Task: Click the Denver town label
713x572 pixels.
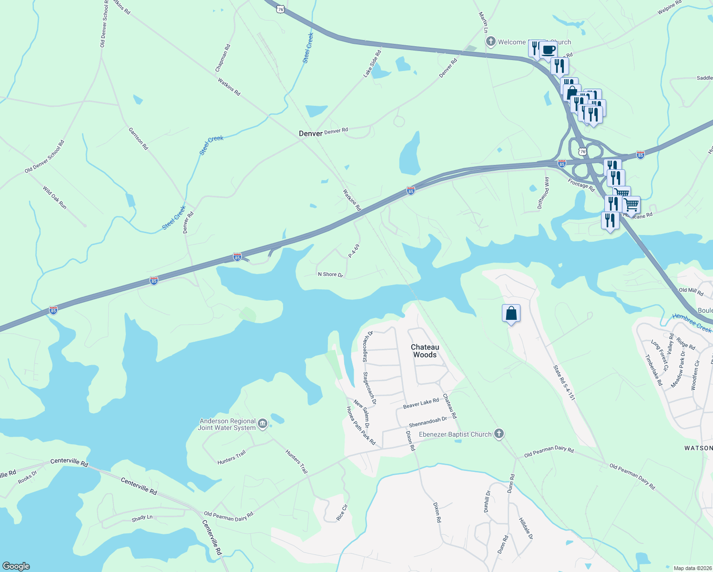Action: (x=310, y=133)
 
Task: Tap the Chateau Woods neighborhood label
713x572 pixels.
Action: (x=425, y=351)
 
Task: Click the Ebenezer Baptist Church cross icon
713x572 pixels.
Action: (x=499, y=434)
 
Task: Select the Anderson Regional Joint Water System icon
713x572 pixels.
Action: (x=262, y=424)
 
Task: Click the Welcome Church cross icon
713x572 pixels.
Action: (x=490, y=42)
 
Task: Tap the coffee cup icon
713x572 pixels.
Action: (x=548, y=49)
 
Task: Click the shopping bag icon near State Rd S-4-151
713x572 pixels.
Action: (x=511, y=314)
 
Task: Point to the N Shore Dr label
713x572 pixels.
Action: (x=330, y=275)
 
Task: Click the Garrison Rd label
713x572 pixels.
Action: (x=138, y=138)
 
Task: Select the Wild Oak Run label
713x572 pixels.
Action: (x=55, y=197)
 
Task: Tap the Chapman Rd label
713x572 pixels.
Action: (x=223, y=58)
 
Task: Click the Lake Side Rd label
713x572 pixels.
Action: (x=372, y=63)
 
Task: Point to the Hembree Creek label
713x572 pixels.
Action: (x=692, y=323)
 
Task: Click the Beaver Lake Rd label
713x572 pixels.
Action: (x=421, y=403)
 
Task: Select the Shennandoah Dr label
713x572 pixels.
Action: (x=428, y=422)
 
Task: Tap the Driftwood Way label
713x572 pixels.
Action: (x=543, y=193)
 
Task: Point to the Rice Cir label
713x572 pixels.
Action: (x=342, y=512)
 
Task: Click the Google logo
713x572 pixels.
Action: (x=16, y=566)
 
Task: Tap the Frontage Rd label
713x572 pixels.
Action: (x=581, y=185)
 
